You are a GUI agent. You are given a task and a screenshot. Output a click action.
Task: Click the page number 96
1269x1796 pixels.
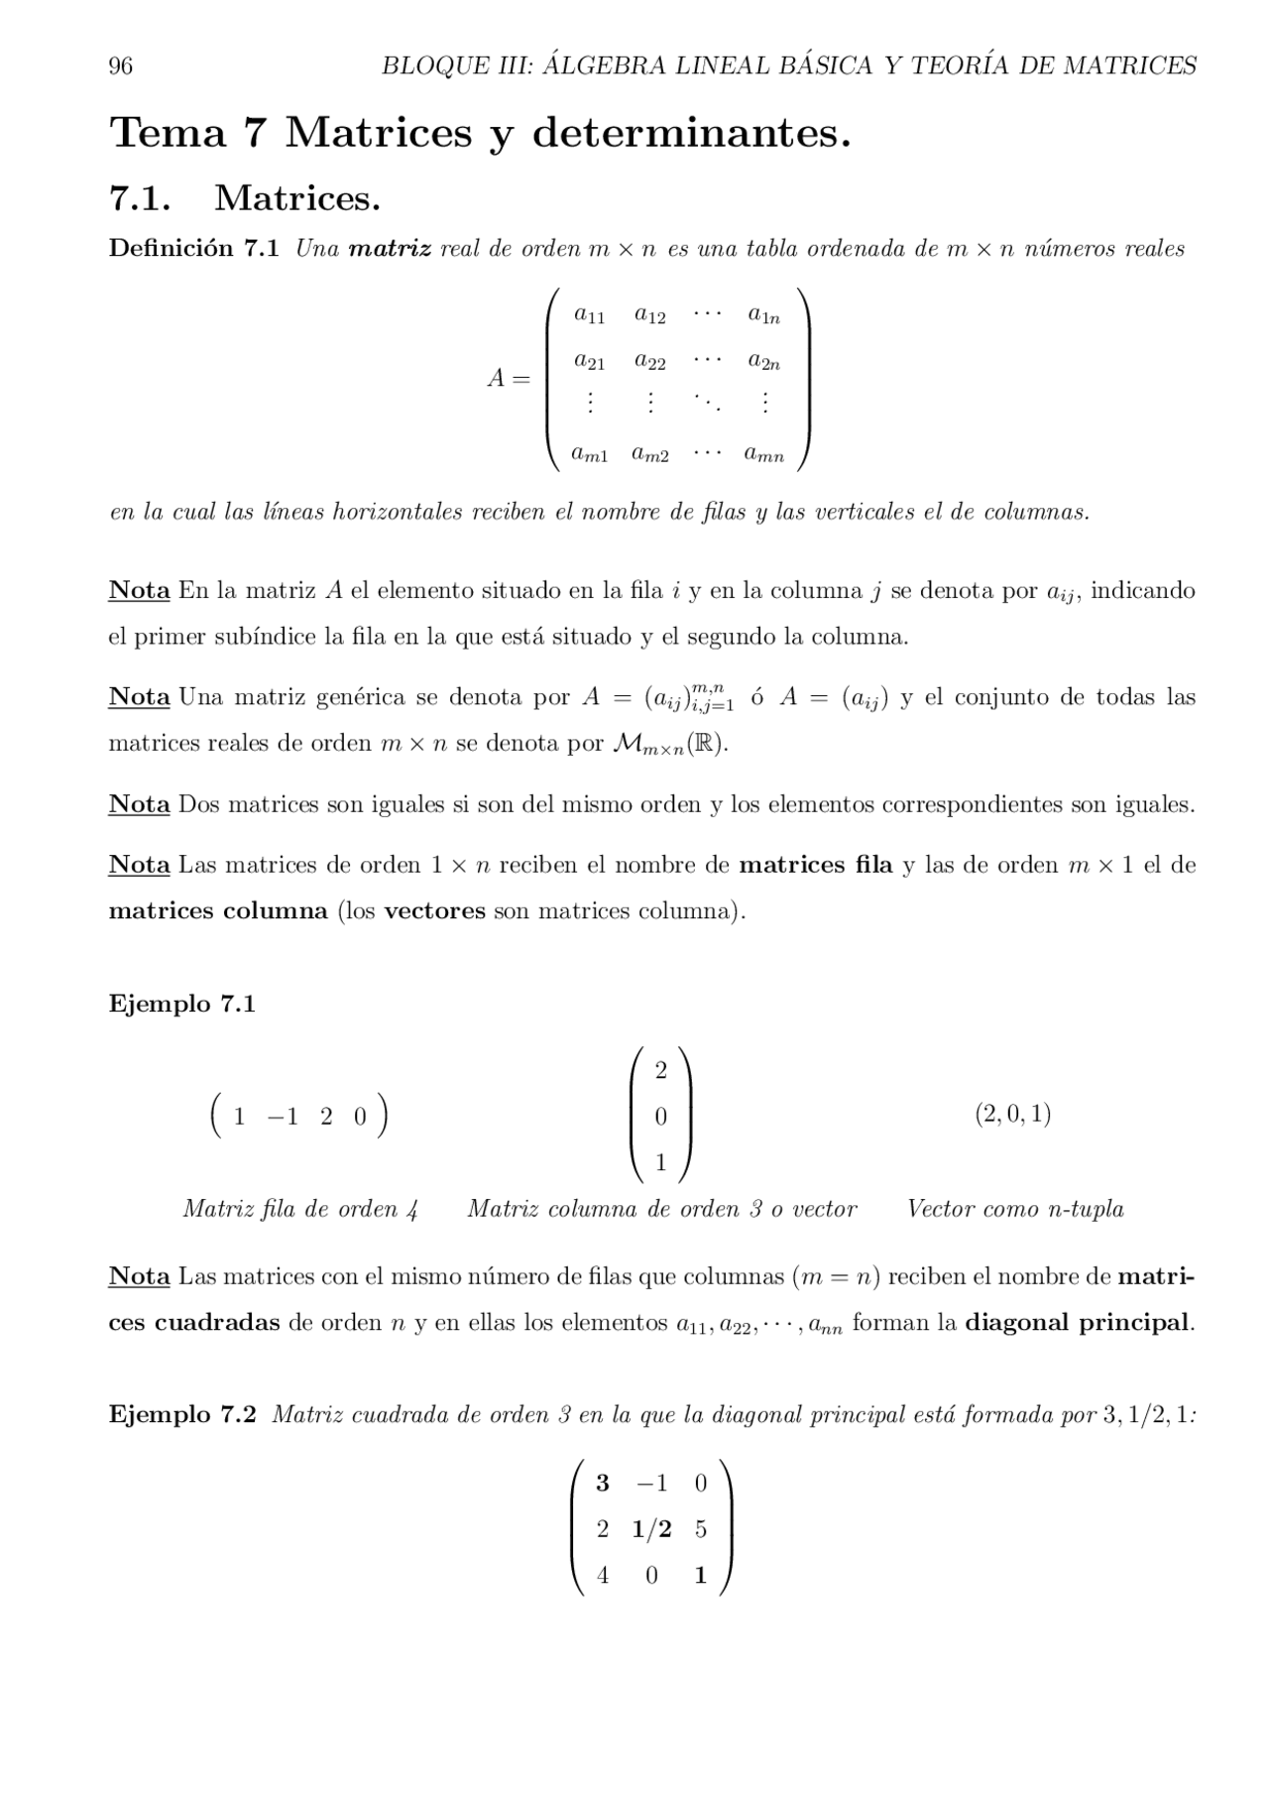(120, 66)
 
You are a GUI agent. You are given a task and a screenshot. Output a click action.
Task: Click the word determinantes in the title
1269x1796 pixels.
(691, 133)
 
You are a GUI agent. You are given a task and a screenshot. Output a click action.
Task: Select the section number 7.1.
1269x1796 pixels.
(139, 198)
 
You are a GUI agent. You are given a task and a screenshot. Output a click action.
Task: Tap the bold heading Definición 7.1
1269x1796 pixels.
(193, 249)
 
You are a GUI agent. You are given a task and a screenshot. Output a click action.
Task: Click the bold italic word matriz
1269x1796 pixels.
(389, 249)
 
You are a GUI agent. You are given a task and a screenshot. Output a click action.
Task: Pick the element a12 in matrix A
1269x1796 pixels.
(650, 315)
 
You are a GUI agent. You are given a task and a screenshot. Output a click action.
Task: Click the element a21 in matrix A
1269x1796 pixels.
(589, 362)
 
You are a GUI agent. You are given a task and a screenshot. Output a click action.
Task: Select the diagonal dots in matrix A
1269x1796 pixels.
(707, 403)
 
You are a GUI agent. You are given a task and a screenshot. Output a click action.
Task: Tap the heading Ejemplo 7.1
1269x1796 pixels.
(182, 1004)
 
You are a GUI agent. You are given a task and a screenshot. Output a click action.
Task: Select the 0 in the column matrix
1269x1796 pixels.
(660, 1117)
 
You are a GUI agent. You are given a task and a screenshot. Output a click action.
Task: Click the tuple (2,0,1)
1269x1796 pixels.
(1012, 1114)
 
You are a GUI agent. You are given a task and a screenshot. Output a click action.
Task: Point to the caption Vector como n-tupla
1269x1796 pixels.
(1015, 1209)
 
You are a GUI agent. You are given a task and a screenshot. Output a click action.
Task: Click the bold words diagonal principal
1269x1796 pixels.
(1078, 1323)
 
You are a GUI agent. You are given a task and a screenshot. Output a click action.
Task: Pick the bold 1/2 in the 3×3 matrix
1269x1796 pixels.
(651, 1529)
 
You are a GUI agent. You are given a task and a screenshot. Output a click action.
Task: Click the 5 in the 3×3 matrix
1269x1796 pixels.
(701, 1529)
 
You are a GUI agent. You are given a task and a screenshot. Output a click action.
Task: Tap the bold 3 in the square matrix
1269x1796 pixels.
(602, 1484)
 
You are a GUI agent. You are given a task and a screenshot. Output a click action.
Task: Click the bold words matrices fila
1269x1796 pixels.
(816, 865)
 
